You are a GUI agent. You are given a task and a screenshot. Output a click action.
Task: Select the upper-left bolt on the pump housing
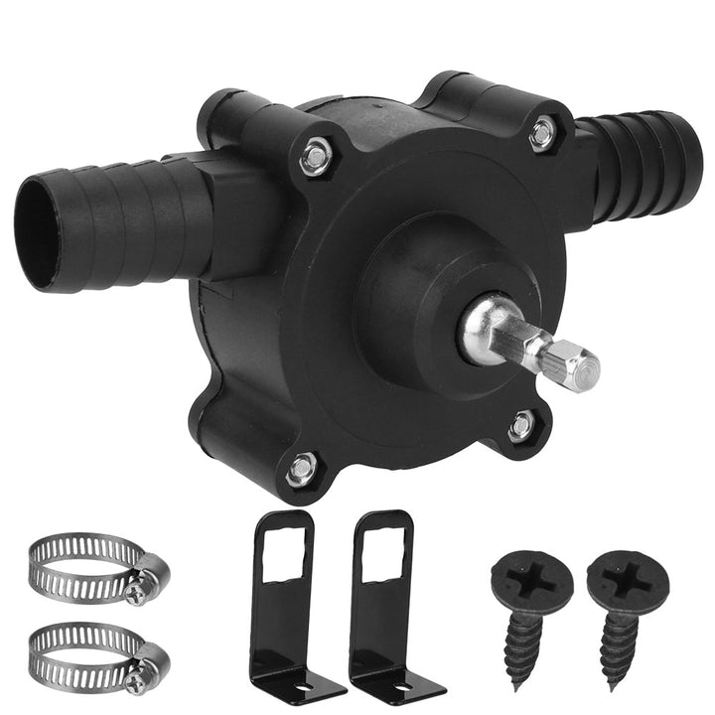pyautogui.click(x=316, y=156)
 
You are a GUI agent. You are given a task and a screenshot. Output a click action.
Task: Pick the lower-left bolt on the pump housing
pyautogui.click(x=301, y=468)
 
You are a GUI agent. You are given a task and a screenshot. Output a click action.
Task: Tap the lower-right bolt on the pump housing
pyautogui.click(x=521, y=426)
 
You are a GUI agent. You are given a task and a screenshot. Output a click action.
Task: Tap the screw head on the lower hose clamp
pyautogui.click(x=136, y=683)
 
